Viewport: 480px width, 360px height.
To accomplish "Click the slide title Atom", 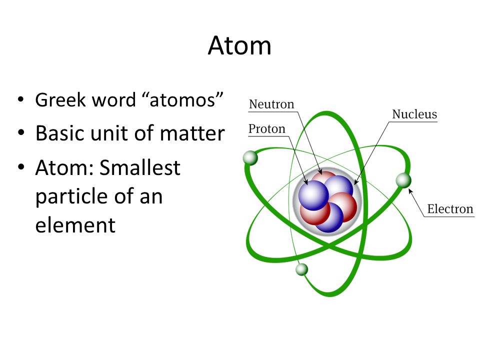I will (x=239, y=45).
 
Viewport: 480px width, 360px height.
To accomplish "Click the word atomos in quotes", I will (x=183, y=100).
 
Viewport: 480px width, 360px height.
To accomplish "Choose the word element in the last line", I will (x=75, y=225).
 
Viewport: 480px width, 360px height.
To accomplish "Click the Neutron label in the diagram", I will (x=271, y=104).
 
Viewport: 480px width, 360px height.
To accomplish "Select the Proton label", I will (x=267, y=129).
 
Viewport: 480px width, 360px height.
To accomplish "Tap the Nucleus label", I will (x=414, y=114).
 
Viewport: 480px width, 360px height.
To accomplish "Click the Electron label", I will (x=450, y=208).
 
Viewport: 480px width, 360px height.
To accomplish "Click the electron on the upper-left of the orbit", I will (x=250, y=158).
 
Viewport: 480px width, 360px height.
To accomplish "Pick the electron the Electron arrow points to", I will (x=403, y=180).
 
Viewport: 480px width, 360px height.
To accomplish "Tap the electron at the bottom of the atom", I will (x=301, y=269).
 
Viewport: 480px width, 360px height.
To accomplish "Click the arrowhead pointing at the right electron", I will (x=410, y=190).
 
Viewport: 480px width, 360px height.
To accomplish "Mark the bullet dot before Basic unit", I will (x=20, y=133).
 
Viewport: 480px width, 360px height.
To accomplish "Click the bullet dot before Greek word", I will (x=20, y=100).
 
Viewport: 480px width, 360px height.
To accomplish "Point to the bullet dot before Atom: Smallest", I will (x=20, y=168).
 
